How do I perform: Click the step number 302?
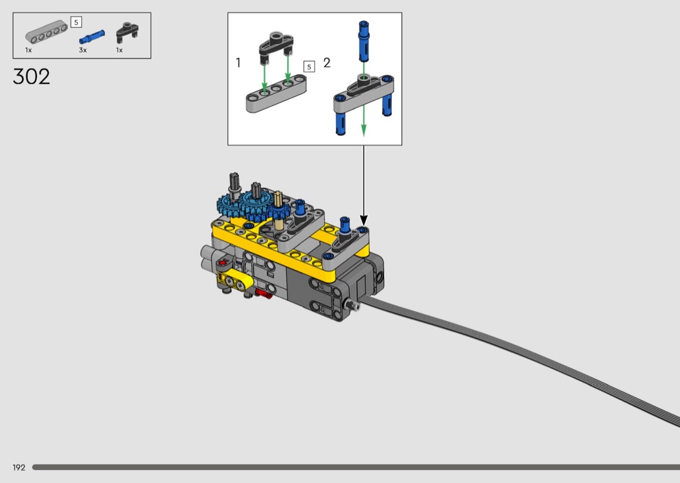tap(31, 77)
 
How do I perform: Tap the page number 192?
tap(19, 467)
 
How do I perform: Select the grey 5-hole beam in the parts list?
tap(46, 32)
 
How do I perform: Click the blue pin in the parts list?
tap(91, 37)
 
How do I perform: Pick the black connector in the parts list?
tap(127, 32)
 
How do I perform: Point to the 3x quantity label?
tap(83, 51)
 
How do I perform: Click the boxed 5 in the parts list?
tap(76, 22)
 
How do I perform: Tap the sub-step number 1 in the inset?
tap(238, 63)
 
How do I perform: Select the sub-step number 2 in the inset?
tap(326, 63)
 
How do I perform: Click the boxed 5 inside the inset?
tap(309, 67)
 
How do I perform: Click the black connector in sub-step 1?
tap(277, 47)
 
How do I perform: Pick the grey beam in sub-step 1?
tap(277, 94)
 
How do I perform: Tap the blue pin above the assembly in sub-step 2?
tap(363, 41)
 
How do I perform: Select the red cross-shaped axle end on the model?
tap(223, 262)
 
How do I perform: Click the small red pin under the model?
tap(263, 294)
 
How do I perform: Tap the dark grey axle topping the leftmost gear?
tap(234, 184)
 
